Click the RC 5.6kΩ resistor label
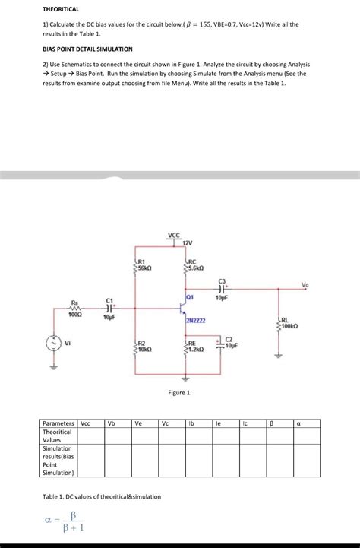click(193, 264)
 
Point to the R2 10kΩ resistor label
click(145, 346)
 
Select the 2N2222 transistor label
click(195, 322)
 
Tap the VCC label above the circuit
click(174, 236)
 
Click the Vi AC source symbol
click(52, 343)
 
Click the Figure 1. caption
click(180, 392)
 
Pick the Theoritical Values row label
click(57, 436)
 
